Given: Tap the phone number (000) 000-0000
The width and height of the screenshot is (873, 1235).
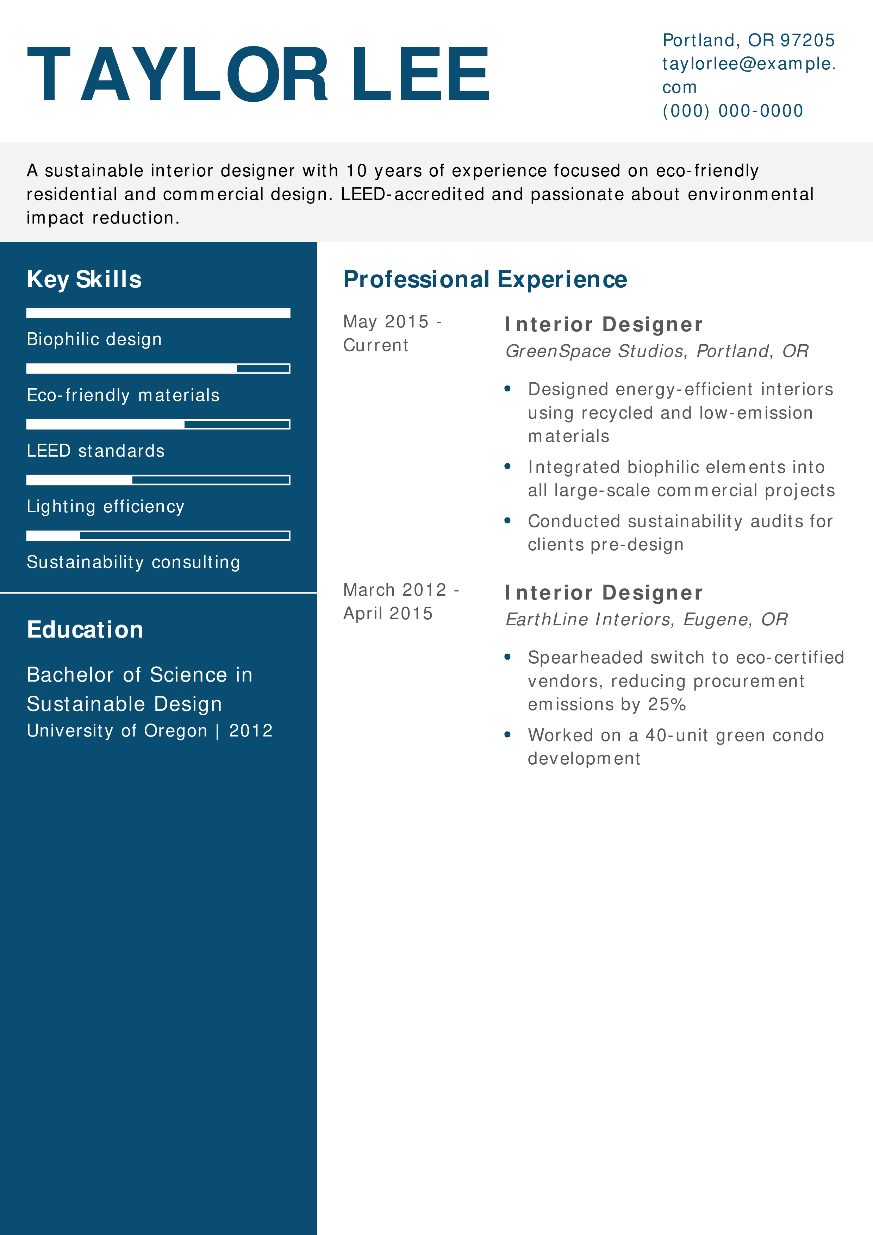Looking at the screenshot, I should coord(732,111).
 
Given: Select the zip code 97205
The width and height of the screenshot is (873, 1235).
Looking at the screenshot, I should coord(807,40).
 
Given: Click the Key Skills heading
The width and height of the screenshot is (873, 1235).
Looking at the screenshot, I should coord(85,280).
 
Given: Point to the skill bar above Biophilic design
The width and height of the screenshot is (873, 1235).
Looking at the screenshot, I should coord(158,313).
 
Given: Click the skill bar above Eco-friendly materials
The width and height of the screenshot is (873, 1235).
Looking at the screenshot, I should coord(158,369).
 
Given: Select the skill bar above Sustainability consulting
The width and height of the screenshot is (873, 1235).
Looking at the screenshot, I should coord(158,536).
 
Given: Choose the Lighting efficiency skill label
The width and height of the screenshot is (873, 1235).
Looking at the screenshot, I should coord(105,507).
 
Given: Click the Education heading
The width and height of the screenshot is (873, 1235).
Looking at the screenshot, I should coord(85,630).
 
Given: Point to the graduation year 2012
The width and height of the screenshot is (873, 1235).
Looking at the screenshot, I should coord(251,731).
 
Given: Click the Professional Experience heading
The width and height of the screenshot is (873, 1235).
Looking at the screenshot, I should coord(485,280).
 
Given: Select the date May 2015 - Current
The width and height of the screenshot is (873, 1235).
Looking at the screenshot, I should coord(392,333).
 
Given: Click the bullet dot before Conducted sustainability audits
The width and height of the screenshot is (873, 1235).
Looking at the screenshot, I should coord(507,520).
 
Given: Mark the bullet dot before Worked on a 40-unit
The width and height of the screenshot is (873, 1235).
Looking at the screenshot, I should coord(507,734).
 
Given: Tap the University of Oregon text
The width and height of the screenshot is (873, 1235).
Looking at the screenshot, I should coord(117,731).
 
